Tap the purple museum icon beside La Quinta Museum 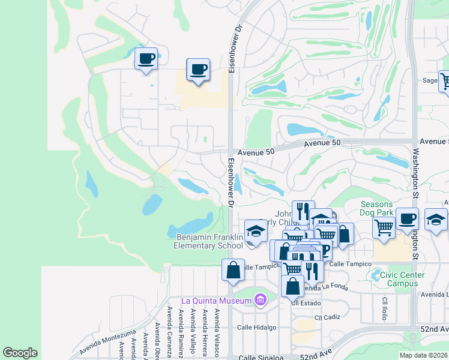[x=260, y=299]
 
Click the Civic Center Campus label [x=399, y=279]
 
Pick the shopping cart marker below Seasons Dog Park [x=384, y=227]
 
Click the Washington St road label [x=415, y=180]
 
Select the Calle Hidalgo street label [x=256, y=328]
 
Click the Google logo [x=20, y=352]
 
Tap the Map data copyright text [x=423, y=355]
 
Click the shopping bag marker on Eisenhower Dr [x=233, y=270]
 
